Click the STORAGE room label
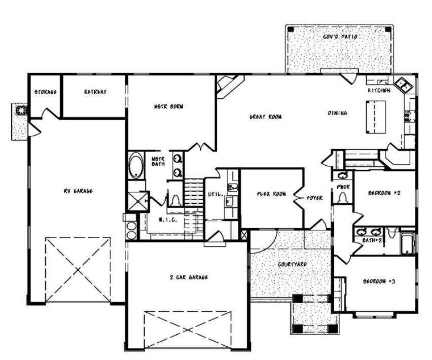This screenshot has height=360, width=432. point(46,92)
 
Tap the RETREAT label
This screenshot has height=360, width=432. point(95,92)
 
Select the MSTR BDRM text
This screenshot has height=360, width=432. point(169,106)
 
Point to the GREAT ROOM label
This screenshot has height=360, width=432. point(266,117)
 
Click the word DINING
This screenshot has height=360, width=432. point(338,113)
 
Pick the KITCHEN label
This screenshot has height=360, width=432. point(379,90)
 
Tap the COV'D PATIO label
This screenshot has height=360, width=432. point(340,37)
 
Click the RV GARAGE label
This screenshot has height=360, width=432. point(78,191)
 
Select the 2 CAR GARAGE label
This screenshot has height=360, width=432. point(189,277)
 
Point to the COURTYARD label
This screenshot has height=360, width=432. point(293,264)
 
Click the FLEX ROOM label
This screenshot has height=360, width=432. point(272,194)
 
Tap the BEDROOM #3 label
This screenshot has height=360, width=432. point(379,281)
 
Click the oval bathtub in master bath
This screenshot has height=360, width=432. point(136,165)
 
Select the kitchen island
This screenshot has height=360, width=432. point(376,117)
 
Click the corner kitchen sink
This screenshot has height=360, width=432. point(403,85)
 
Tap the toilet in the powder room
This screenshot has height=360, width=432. point(342,198)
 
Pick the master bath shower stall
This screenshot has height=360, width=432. point(138,201)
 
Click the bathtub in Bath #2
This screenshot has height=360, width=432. point(407,244)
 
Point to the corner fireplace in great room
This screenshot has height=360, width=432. point(229,85)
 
